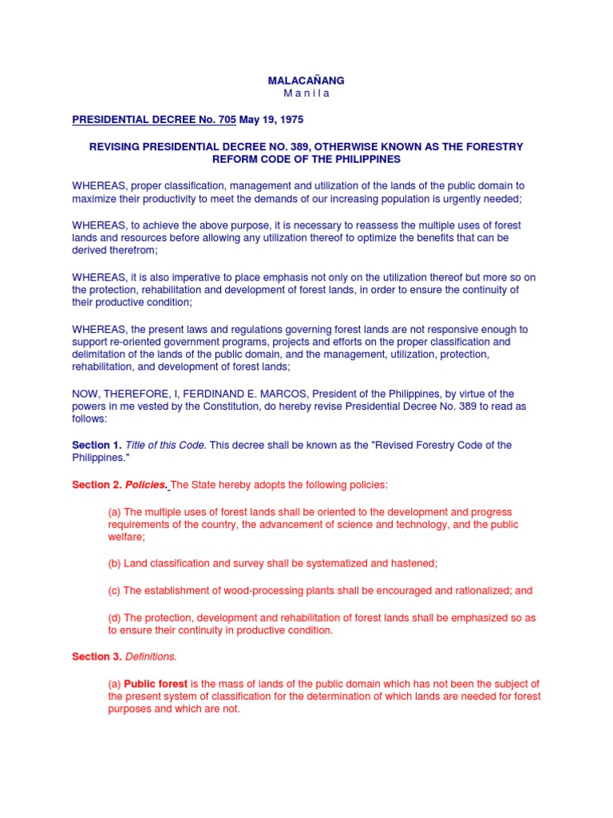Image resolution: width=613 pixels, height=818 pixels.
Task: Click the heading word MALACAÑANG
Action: [x=306, y=81]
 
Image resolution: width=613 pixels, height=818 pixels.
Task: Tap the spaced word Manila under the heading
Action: [x=306, y=93]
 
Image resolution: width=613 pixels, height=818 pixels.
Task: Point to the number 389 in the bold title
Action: [x=299, y=146]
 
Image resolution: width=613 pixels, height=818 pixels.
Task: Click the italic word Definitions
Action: [x=151, y=657]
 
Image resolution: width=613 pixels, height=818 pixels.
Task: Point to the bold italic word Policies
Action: [x=147, y=485]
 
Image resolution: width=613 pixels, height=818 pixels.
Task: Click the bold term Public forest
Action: [x=156, y=684]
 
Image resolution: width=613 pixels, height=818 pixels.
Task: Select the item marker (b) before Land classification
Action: [x=114, y=563]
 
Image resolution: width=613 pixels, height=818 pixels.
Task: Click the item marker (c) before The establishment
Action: [x=114, y=590]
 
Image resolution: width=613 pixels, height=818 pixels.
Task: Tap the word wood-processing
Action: [x=231, y=590]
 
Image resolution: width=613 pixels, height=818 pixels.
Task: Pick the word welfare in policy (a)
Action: [x=126, y=537]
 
